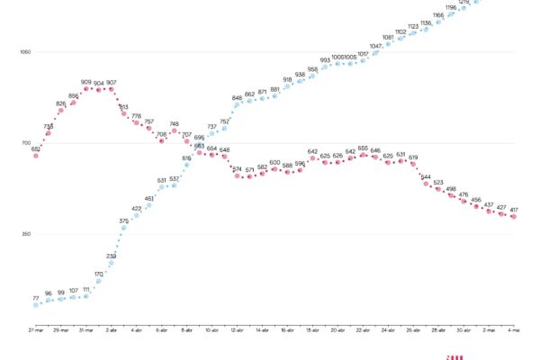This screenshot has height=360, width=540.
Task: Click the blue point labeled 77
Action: [x=36, y=305]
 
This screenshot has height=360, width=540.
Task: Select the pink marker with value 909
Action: [x=86, y=89]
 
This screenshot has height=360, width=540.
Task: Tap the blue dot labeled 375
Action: [x=124, y=228]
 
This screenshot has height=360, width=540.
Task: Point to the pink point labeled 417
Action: [x=514, y=217]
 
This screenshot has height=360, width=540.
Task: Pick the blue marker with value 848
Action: [x=238, y=104]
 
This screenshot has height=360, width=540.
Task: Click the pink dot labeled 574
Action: [x=238, y=175]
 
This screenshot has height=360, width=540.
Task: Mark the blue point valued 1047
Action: [x=376, y=53]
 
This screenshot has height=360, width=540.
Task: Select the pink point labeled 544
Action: [x=427, y=184]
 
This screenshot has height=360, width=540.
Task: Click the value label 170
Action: [x=99, y=274]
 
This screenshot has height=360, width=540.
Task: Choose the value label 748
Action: [x=175, y=123]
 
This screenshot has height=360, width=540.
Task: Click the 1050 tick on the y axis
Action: [x=25, y=52]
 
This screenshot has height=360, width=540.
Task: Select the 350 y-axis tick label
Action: [x=25, y=234]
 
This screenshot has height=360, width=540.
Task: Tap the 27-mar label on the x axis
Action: [x=36, y=331]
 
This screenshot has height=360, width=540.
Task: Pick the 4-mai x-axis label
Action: [x=514, y=331]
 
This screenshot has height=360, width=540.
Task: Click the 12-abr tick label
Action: [x=238, y=331]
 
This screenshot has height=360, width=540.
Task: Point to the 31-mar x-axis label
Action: [x=86, y=331]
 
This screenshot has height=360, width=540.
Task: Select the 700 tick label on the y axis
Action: [x=25, y=143]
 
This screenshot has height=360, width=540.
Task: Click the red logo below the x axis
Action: [x=454, y=356]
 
